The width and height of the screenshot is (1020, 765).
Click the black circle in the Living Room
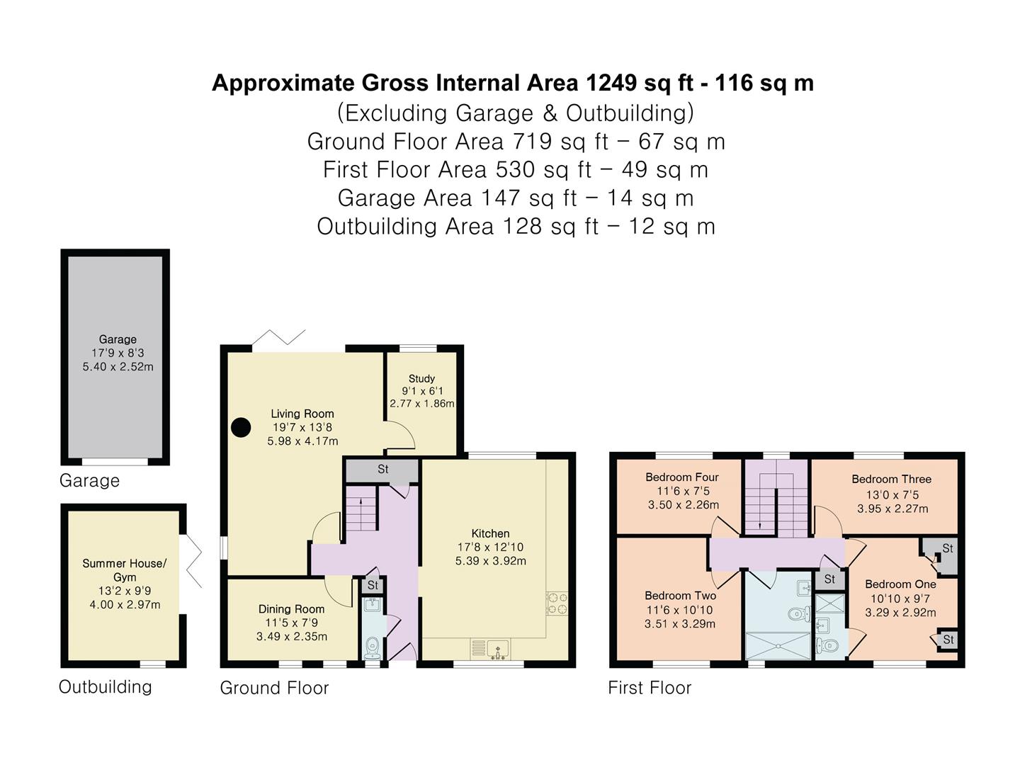pos(241,427)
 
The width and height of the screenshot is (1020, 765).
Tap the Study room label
pos(421,378)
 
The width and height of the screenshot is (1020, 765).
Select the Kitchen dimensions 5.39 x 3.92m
pos(490,560)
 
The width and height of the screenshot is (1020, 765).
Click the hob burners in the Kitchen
pos(557,603)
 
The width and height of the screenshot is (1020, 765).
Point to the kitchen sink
pos(497,650)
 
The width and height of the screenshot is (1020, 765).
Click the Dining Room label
pos(291,609)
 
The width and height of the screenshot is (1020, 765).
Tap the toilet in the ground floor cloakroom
pos(372,647)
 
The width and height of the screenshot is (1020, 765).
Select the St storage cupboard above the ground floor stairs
pos(382,470)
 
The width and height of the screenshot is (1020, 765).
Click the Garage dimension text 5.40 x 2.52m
pos(118,366)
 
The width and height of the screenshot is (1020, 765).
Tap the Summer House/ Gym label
pos(124,570)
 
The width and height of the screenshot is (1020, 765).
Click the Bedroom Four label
pos(681,477)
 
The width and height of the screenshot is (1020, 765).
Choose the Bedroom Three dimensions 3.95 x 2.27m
pos(892,509)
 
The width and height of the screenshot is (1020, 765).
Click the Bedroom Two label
pos(680,596)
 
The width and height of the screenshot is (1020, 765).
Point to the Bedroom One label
pos(900,584)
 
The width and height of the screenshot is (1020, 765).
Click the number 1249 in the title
pos(611,83)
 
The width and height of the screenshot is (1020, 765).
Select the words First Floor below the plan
pos(649,688)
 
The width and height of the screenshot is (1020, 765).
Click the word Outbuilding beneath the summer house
pos(105,687)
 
